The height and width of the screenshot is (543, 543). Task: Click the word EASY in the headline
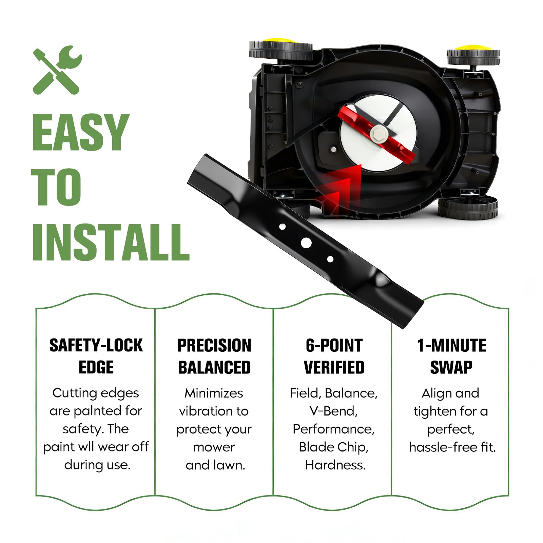81,132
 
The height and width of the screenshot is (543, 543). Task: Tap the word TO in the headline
56,187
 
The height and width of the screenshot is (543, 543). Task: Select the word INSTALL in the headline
111,242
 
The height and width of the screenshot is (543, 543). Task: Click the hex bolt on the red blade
378,133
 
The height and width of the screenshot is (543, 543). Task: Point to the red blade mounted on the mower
376,134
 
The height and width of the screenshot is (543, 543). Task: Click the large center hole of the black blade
306,243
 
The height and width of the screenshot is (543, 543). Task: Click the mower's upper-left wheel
281,50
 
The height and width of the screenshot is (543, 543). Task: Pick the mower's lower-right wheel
468,207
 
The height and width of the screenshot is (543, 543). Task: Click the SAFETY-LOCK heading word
96,346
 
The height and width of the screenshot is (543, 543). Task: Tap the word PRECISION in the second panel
214,346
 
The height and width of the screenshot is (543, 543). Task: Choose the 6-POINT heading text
334,346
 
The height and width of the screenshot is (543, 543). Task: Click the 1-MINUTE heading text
451,346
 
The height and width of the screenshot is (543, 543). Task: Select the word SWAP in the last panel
451,367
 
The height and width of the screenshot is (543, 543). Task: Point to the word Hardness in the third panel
335,465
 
